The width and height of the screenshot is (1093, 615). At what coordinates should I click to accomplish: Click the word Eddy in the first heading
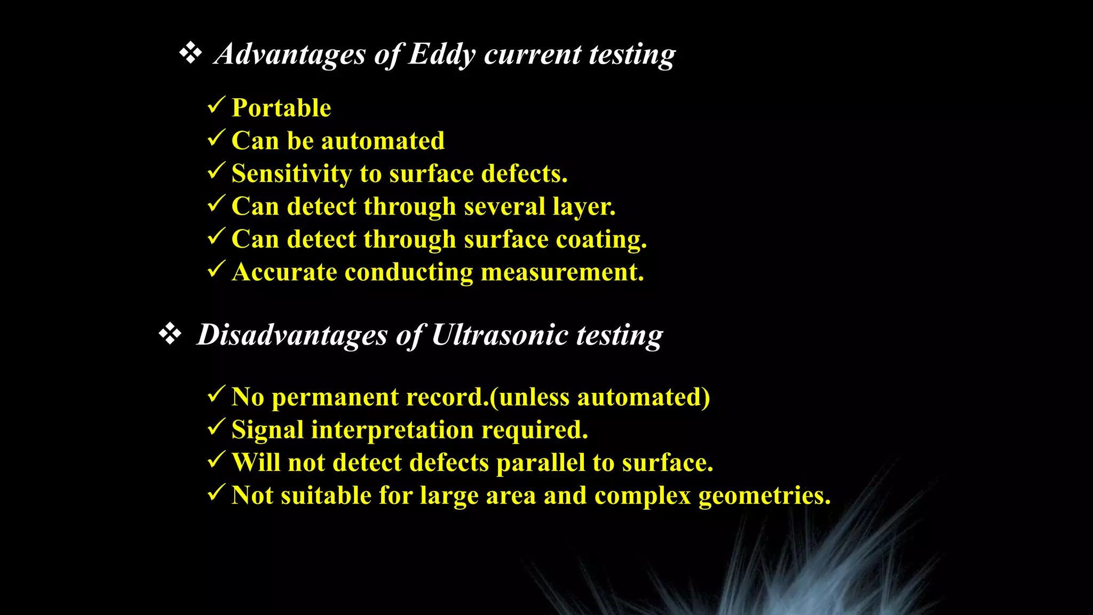pyautogui.click(x=441, y=54)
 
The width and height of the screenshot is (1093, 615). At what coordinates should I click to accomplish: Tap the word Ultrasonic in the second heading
pyautogui.click(x=499, y=335)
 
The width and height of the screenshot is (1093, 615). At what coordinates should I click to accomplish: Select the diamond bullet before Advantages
pyautogui.click(x=190, y=53)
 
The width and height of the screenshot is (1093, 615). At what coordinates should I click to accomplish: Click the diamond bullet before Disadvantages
pyautogui.click(x=170, y=334)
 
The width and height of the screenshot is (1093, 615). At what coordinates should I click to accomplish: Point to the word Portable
pyautogui.click(x=281, y=108)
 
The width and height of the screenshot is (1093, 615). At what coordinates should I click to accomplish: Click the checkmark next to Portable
pyautogui.click(x=216, y=105)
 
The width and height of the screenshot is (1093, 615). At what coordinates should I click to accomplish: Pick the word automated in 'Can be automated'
pyautogui.click(x=383, y=141)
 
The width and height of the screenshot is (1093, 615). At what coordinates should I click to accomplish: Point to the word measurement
pyautogui.click(x=562, y=272)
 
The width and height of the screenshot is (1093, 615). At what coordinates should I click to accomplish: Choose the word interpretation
pyautogui.click(x=392, y=430)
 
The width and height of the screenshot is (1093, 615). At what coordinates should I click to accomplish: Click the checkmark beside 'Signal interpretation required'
pyautogui.click(x=216, y=428)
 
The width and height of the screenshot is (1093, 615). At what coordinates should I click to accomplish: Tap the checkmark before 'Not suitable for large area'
pyautogui.click(x=216, y=493)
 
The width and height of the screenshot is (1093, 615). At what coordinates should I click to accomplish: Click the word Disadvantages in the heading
pyautogui.click(x=292, y=335)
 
